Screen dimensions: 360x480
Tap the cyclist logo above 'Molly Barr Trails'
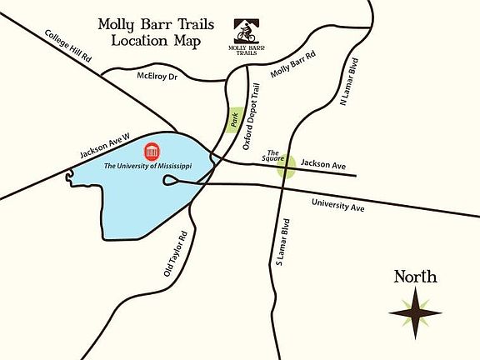point(243,32)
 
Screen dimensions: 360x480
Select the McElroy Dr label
point(157,76)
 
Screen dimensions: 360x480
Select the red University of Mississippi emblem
point(152,152)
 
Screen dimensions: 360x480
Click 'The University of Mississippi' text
point(147,167)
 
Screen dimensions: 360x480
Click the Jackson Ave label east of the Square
point(322,166)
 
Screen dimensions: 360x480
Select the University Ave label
point(337,206)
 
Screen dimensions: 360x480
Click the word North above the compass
point(415,277)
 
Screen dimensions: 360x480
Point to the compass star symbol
point(415,312)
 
